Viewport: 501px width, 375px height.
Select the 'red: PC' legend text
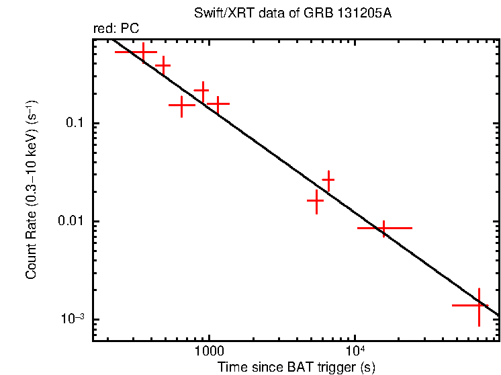coord(116,29)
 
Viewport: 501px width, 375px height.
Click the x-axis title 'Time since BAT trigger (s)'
coord(296,368)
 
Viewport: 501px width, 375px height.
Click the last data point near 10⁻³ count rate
coord(479,305)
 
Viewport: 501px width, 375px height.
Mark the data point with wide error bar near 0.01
coord(383,228)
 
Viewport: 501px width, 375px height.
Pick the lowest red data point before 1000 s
coord(181,105)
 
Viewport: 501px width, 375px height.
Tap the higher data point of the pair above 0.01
coord(328,180)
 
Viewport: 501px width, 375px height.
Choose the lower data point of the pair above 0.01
coord(316,201)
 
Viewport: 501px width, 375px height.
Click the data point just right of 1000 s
coord(217,103)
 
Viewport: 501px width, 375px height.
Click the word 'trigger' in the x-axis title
coord(334,368)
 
